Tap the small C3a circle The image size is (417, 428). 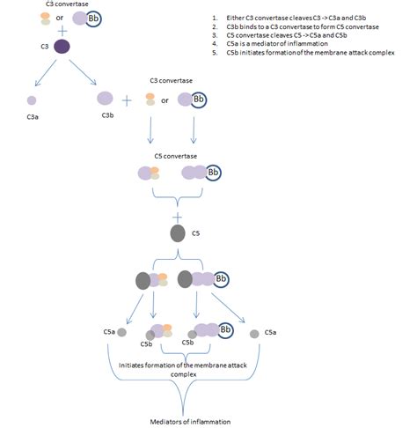tap(32, 100)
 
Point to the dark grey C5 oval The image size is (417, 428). tap(177, 234)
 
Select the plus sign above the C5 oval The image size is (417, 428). tap(178, 216)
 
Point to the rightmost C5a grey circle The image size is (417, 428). tap(253, 334)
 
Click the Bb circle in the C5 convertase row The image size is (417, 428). tap(212, 173)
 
